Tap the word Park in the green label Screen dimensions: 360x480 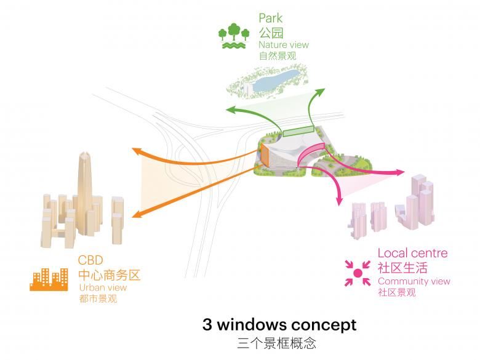coord(270,18)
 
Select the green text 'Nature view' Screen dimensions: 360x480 coord(284,45)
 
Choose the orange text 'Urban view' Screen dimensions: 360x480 coord(103,287)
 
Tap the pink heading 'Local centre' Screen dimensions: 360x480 coord(412,253)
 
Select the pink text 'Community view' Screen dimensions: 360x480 coord(414,281)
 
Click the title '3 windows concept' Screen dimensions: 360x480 coord(279,324)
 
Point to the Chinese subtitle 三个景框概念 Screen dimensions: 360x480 coord(279,343)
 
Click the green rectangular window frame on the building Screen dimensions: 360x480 coord(298,130)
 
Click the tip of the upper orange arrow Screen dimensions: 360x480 coord(134,150)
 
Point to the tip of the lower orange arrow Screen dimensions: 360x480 coord(134,215)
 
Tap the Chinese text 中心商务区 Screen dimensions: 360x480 coord(109,274)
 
